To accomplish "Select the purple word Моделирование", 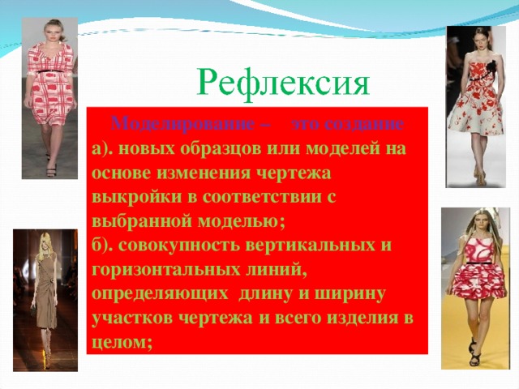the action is tap(183, 124).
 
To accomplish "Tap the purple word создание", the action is tap(347, 124).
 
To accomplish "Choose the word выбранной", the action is tap(142, 221).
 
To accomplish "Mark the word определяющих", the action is tap(160, 294).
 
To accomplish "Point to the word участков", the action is tap(133, 318).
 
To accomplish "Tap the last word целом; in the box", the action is tap(122, 342).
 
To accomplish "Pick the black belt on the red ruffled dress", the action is tap(478, 263).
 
